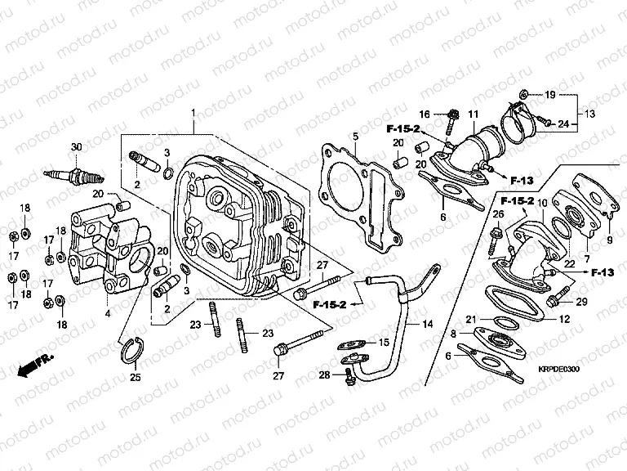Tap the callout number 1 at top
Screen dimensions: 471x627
click(193, 112)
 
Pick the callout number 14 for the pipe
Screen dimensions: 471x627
click(427, 324)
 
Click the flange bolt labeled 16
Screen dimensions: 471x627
click(450, 123)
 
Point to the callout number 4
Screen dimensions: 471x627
click(107, 312)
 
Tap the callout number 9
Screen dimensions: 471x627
click(608, 240)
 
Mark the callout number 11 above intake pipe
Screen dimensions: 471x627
click(473, 113)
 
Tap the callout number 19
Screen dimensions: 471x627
click(549, 95)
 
